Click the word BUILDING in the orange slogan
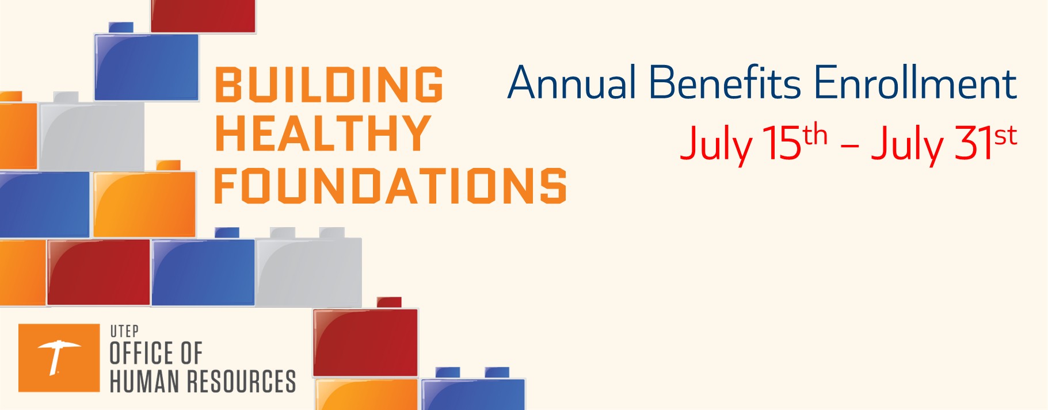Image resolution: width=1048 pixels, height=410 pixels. (329, 85)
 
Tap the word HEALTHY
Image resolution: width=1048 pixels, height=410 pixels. (323, 133)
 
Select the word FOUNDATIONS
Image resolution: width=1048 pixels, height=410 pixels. (390, 186)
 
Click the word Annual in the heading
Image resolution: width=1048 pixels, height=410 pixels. (571, 83)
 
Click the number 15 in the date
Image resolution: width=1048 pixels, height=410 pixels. (782, 142)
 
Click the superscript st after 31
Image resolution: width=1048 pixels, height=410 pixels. (1005, 136)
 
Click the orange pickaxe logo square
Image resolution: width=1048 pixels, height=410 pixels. (59, 358)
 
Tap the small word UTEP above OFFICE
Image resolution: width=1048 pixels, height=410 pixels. (124, 331)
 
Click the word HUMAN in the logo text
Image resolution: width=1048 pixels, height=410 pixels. (144, 381)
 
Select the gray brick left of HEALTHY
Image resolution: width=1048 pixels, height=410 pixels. (92, 135)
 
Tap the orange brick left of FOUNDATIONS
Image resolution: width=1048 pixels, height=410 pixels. (144, 204)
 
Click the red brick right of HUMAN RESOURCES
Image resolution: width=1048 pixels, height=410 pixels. (365, 342)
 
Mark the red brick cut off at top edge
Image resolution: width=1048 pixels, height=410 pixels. (203, 16)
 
